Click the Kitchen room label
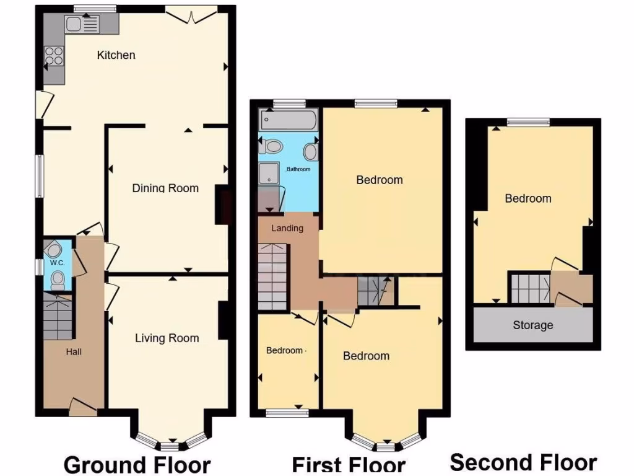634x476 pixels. [116, 55]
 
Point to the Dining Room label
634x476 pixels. [165, 188]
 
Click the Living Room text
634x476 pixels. [167, 338]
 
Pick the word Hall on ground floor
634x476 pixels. [74, 351]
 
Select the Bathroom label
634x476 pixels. [298, 169]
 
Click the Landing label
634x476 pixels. [287, 228]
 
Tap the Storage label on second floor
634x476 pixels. [532, 325]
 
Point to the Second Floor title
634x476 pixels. [523, 462]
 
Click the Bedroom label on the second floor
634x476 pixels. [528, 198]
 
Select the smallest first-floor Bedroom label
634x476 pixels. [285, 350]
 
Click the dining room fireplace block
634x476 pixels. [223, 205]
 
